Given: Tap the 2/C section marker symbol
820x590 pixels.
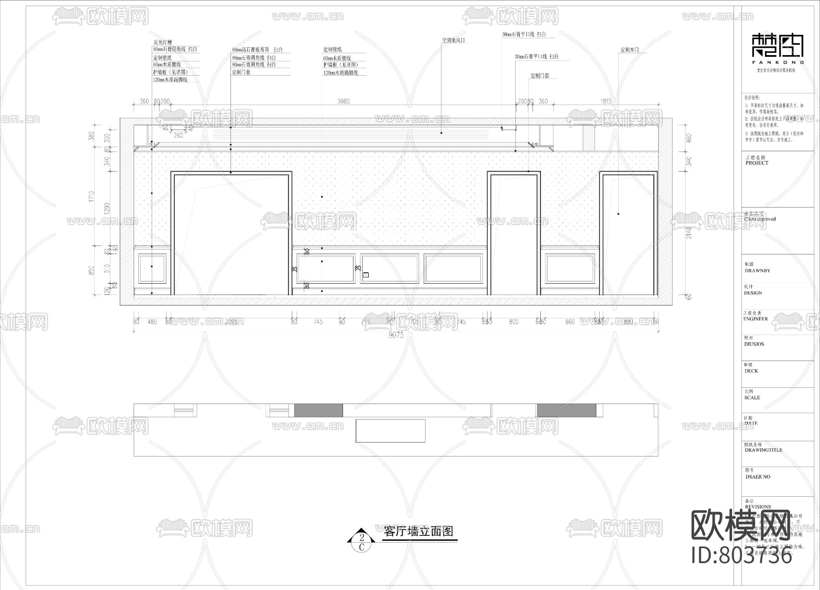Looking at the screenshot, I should [x=361, y=540].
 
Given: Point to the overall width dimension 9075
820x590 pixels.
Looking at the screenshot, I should [x=396, y=335].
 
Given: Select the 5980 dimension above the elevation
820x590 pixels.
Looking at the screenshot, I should [x=343, y=102].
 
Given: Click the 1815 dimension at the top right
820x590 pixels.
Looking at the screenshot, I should [x=606, y=102].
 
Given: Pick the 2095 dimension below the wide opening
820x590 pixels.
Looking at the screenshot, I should [x=231, y=322].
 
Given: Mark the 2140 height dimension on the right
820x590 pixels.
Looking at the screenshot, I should [x=689, y=233].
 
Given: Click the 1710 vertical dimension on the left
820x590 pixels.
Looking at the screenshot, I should [x=92, y=196].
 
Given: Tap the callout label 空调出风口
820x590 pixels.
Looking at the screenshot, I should [x=454, y=41].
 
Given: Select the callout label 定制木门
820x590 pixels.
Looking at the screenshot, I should [x=633, y=50].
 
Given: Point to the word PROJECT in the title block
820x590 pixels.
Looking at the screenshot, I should [x=757, y=163].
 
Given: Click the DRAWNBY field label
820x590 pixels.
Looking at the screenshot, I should [x=757, y=270].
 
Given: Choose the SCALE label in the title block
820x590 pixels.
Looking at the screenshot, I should [x=752, y=397].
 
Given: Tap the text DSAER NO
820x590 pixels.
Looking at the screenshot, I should [x=758, y=477].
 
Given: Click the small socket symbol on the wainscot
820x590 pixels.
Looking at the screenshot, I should [x=366, y=275].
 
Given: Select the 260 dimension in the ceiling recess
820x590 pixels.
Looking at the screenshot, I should [x=179, y=136].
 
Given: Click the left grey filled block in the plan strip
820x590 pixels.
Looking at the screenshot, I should [x=318, y=410].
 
